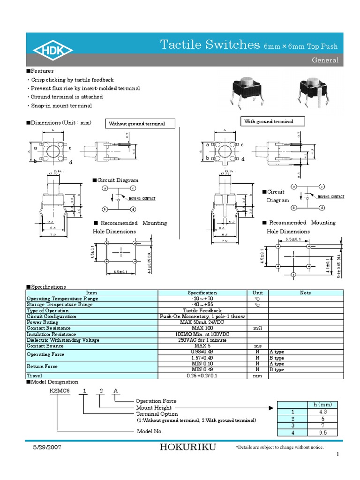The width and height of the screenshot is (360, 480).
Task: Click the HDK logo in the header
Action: click(52, 50)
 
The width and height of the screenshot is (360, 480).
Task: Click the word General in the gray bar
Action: click(325, 60)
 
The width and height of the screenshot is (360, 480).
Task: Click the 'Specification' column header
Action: click(202, 293)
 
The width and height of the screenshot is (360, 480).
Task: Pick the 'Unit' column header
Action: click(257, 293)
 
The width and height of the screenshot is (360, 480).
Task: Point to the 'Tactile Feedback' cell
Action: click(202, 311)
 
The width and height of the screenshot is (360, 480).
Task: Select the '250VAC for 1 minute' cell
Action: click(202, 340)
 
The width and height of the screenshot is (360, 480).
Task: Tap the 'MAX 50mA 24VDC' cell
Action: click(202, 322)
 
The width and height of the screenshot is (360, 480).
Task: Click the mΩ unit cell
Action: click(257, 329)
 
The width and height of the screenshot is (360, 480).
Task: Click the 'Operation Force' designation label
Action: click(156, 401)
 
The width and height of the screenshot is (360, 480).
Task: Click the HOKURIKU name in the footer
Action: click(187, 447)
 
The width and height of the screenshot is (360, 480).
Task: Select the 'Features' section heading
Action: click(42, 71)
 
